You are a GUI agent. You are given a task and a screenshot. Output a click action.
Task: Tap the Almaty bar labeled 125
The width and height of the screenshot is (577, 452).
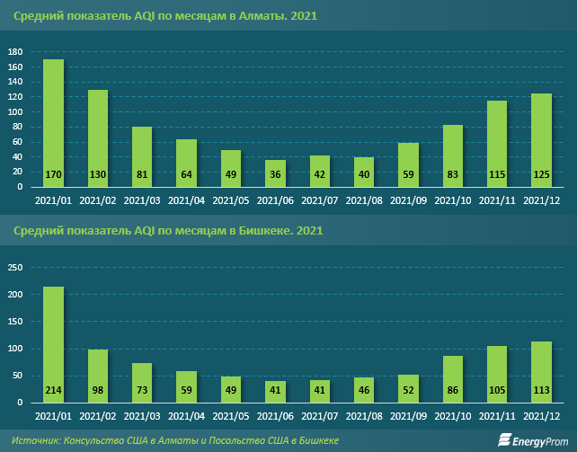tap(541, 140)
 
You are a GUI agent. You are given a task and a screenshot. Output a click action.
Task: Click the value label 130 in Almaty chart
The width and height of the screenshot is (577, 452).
tap(98, 174)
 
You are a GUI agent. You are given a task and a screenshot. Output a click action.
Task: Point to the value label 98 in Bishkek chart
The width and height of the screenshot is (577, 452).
tap(98, 390)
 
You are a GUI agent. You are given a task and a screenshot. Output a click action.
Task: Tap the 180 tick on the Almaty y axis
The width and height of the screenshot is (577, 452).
tap(14, 52)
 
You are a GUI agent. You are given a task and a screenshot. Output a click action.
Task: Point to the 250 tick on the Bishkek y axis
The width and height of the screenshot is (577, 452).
tap(14, 267)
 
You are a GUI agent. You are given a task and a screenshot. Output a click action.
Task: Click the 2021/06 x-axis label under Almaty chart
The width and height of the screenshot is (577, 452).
tap(275, 201)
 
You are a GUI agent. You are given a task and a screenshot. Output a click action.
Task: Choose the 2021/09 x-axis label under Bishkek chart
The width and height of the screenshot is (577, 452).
tap(408, 417)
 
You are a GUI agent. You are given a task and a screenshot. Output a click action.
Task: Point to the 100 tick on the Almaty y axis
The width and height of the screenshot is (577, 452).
tap(14, 112)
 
